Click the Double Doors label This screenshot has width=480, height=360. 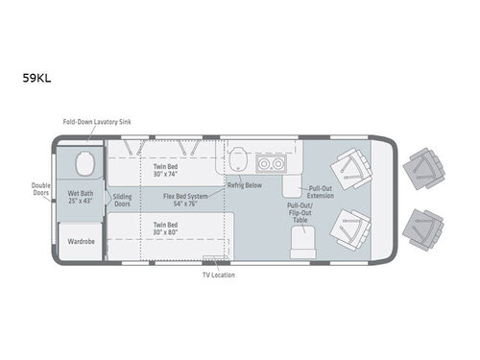tap(40, 190)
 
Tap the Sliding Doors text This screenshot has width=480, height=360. tap(123, 200)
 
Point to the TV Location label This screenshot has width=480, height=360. tap(218, 276)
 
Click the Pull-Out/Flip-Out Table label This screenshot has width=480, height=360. tap(300, 212)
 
